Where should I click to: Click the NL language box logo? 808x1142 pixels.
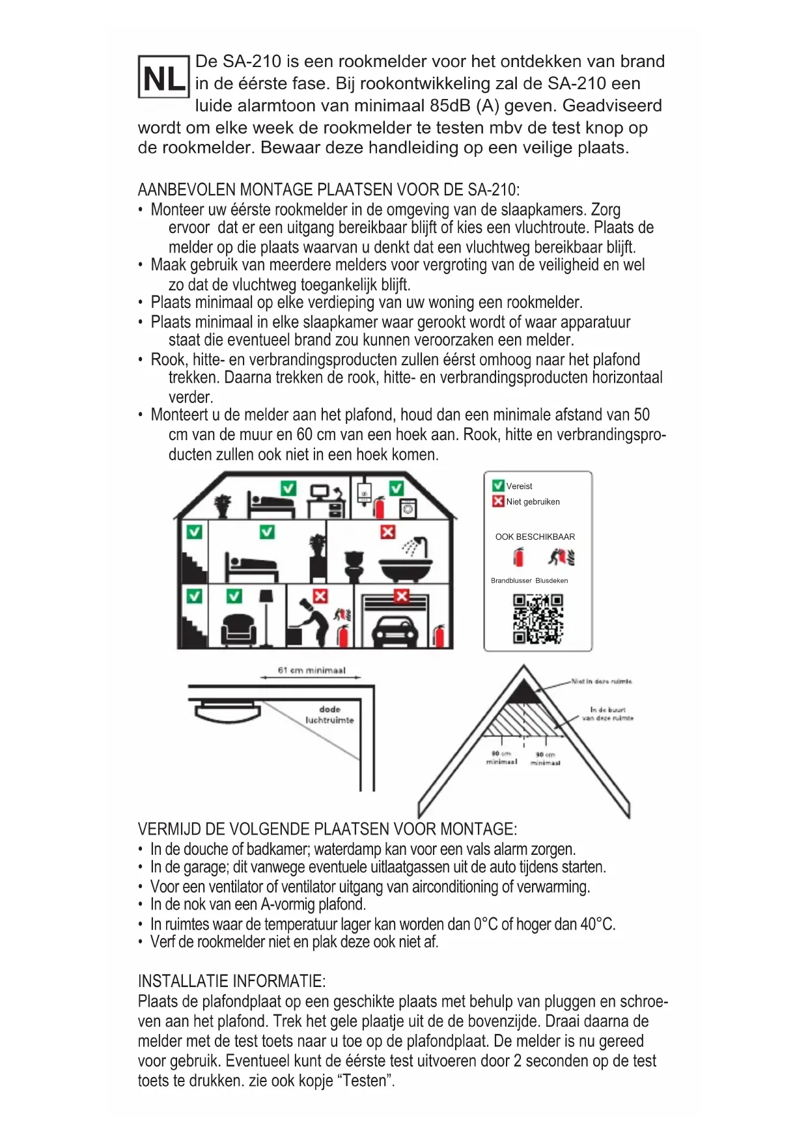tap(163, 77)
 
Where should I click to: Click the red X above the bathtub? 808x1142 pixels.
tap(388, 532)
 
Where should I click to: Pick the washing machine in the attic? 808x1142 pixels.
tap(408, 508)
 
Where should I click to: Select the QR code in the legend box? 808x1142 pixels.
tap(538, 619)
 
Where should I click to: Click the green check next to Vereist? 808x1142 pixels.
tap(498, 486)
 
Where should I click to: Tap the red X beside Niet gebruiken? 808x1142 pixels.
tap(498, 501)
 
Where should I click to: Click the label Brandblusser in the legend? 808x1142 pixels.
tap(511, 581)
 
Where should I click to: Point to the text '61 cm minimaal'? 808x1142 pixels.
tap(311, 670)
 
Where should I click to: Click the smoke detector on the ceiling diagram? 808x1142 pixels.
tap(227, 711)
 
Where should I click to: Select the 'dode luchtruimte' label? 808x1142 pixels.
tap(329, 715)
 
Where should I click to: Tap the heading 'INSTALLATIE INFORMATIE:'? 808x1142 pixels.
tap(232, 981)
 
